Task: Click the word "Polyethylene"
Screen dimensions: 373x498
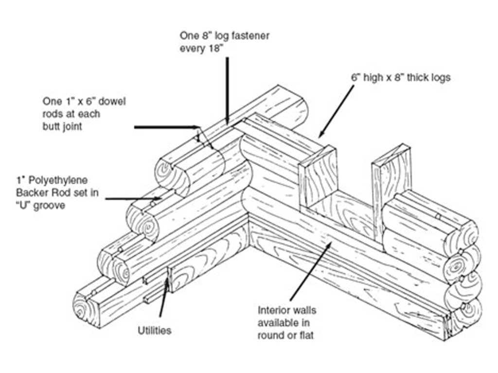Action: (43, 181)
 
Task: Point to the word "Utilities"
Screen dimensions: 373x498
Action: (155, 331)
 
